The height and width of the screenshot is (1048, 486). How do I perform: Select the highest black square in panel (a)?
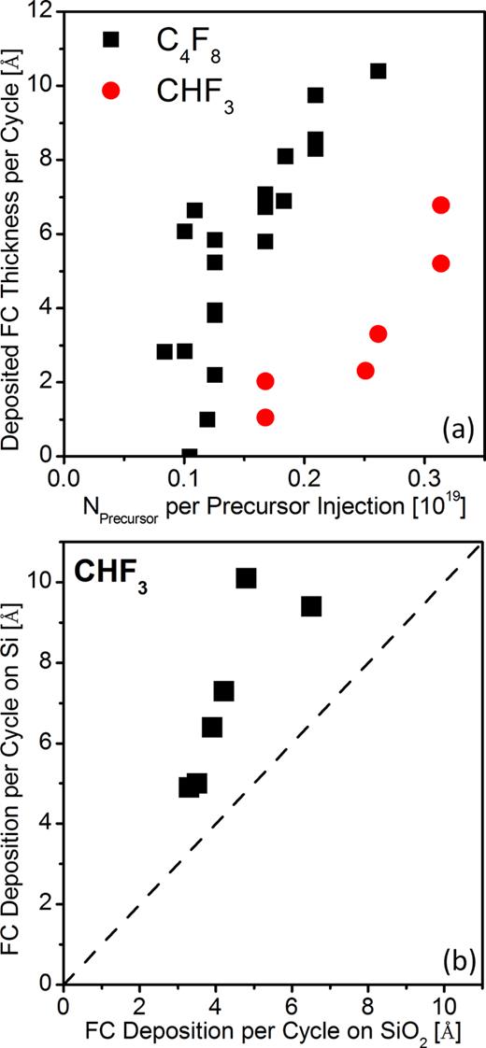click(x=378, y=71)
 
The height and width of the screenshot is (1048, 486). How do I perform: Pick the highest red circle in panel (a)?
click(x=441, y=205)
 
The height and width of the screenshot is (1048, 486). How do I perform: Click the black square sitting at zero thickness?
click(x=190, y=455)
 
